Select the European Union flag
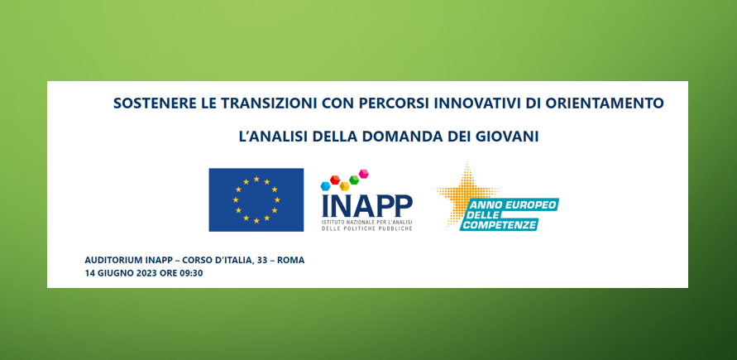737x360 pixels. click(x=256, y=199)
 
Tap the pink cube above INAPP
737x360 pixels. click(x=363, y=174)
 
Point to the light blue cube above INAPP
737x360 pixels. click(x=325, y=186)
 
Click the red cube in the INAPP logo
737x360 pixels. click(x=335, y=180)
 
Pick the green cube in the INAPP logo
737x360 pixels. click(x=354, y=180)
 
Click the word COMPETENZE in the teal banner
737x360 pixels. click(x=498, y=224)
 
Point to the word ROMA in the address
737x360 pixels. click(x=290, y=261)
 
